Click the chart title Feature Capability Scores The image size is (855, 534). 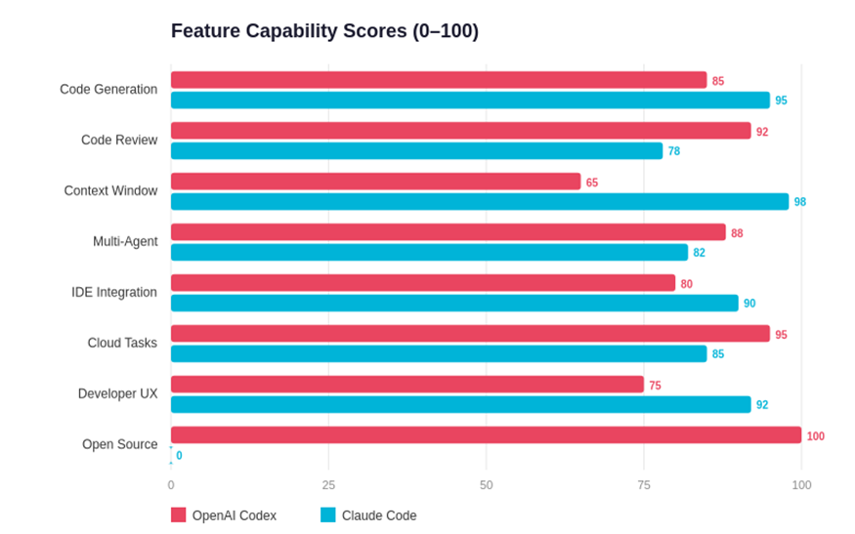(x=324, y=31)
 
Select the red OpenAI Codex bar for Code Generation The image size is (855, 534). (x=438, y=80)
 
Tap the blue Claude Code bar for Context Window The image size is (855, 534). (x=479, y=201)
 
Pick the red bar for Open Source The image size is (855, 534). (x=486, y=435)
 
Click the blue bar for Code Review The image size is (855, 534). (x=416, y=150)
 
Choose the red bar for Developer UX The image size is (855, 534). (x=406, y=385)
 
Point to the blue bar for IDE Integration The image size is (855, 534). (x=454, y=303)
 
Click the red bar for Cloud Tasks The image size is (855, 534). (x=470, y=334)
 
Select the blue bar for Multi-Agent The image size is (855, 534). (x=429, y=252)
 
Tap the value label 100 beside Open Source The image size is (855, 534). (x=815, y=436)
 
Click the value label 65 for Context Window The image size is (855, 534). (x=592, y=183)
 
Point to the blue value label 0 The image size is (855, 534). (x=179, y=456)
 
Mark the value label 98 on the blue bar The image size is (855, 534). (x=800, y=202)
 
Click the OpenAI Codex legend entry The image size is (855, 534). (x=224, y=515)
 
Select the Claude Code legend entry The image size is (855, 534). (x=368, y=515)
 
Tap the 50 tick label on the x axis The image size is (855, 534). (x=486, y=485)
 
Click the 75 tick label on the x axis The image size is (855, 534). (x=644, y=485)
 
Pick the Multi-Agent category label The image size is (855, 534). (x=125, y=241)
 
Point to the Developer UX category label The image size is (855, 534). (x=117, y=393)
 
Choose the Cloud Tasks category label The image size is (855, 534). (x=122, y=343)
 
